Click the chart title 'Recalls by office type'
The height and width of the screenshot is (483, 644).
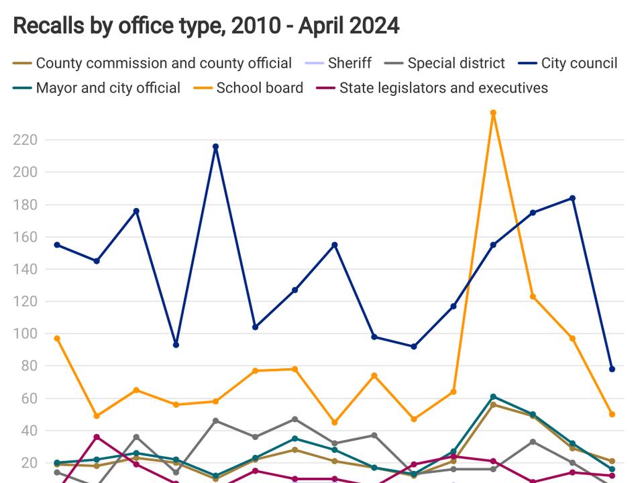coord(206,25)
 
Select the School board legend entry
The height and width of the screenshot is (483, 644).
coord(259,88)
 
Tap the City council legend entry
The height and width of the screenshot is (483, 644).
coord(579,63)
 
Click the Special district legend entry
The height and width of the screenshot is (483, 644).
coord(455,63)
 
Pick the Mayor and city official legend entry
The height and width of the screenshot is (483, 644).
coord(107,88)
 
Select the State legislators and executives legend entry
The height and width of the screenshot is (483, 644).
coord(443,88)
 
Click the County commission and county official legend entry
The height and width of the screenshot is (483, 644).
coord(163,63)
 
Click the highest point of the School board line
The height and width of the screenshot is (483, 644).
coord(493,113)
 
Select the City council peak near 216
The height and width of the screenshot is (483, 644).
coord(215,146)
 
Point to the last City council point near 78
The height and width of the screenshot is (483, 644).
coord(612,369)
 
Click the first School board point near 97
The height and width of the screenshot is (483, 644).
coord(57,338)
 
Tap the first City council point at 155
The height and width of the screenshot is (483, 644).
coord(57,245)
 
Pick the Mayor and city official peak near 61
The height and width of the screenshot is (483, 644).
coord(493,396)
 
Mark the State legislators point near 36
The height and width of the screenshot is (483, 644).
coord(97,437)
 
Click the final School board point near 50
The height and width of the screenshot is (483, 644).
coord(612,414)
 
